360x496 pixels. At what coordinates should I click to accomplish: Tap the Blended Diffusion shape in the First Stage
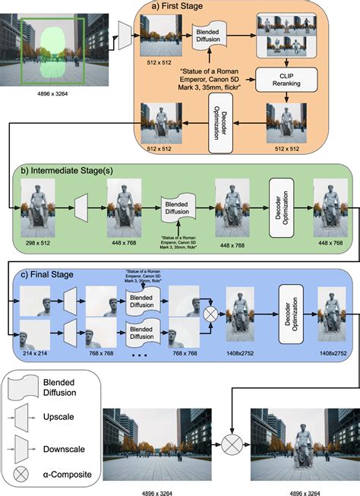click(209, 36)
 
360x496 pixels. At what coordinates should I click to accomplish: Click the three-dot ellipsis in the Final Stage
click(140, 355)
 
